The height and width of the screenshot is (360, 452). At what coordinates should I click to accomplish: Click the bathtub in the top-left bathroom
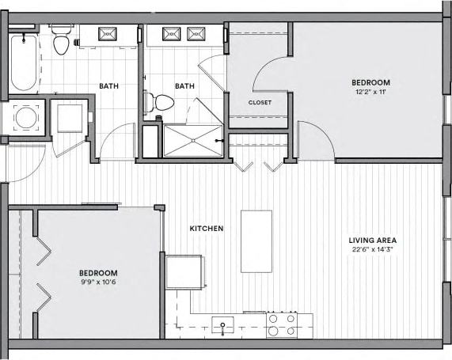(24, 61)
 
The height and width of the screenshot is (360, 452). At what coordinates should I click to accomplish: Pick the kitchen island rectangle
(256, 241)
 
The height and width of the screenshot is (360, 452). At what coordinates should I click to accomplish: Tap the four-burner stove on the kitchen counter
(281, 324)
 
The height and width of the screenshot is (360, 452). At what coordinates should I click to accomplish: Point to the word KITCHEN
(206, 229)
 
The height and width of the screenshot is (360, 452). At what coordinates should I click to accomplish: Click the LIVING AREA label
(372, 240)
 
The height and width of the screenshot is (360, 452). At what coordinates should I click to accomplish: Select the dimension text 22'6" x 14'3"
(372, 250)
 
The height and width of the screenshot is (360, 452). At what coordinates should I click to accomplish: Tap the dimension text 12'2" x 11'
(371, 92)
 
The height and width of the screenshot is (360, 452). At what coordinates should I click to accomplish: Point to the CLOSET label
(260, 102)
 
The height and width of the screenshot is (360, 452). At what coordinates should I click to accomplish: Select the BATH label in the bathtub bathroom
(109, 86)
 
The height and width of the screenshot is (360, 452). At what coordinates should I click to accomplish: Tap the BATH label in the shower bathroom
(184, 86)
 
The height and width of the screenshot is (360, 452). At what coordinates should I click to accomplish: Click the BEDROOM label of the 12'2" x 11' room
(371, 82)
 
